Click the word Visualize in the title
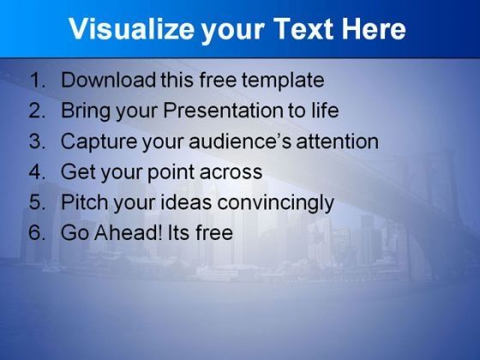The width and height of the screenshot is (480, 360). coord(132,29)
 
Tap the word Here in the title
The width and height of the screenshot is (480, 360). coord(374,29)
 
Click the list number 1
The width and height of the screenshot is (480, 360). coord(38,80)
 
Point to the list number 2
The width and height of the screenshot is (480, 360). coord(38,111)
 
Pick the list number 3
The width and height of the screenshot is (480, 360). coord(38,141)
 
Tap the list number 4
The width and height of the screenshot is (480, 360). coord(38,171)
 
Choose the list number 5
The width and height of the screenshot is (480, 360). coord(38,202)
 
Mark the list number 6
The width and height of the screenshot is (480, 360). coord(38,232)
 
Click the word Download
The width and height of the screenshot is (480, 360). coord(108,80)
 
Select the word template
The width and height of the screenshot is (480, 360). coord(283,81)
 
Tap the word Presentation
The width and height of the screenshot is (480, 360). coord(223,111)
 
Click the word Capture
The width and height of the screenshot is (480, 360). coord(99,142)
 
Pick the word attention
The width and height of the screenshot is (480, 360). coord(338,141)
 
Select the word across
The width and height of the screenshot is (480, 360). coord(231,173)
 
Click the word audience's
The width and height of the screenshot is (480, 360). coord(240,141)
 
